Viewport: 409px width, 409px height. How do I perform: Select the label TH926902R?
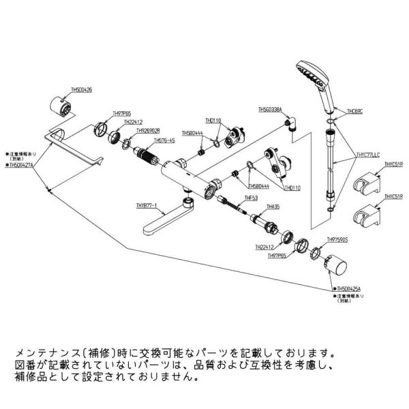[147, 131]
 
